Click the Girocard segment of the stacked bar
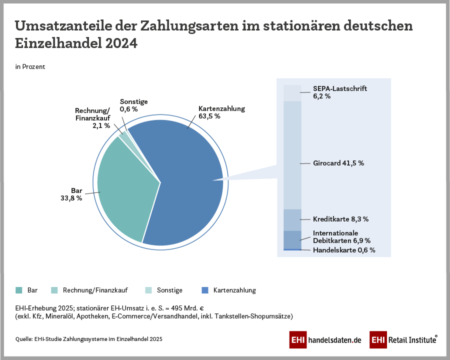[x=292, y=155]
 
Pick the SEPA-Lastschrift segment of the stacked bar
[x=292, y=93]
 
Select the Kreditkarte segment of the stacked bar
[x=292, y=219]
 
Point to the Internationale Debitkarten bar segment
[x=292, y=239]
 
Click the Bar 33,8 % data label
[x=70, y=194]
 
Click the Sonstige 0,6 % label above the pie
[x=133, y=105]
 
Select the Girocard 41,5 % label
[x=338, y=163]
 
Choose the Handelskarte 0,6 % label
[x=344, y=250]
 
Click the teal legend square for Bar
[x=19, y=290]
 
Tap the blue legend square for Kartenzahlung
[x=204, y=290]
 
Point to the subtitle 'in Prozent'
[x=30, y=66]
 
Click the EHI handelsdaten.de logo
[x=325, y=340]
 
